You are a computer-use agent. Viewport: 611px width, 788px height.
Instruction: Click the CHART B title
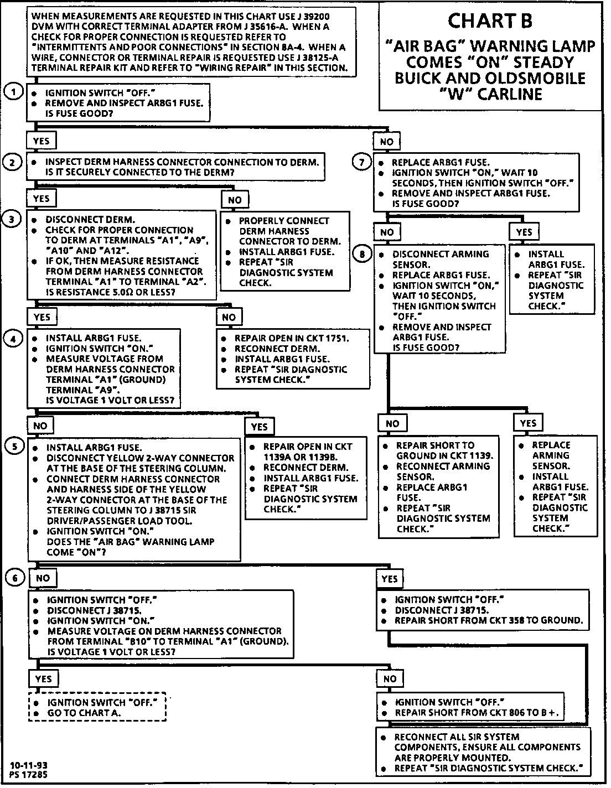coord(490,21)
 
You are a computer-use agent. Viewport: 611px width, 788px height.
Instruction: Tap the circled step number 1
coord(13,92)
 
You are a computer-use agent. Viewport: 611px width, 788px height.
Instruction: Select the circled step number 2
coord(13,162)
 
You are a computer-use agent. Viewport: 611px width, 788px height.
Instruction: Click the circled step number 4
coord(13,338)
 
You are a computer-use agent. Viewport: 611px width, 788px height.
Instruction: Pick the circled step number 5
coord(13,447)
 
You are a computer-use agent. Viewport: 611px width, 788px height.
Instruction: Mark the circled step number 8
coord(362,254)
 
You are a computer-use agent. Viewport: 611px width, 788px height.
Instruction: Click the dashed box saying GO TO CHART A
coord(97,708)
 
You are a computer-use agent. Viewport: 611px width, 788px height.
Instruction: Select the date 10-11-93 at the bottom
coord(28,766)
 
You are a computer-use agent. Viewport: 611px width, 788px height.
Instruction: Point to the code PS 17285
coord(29,775)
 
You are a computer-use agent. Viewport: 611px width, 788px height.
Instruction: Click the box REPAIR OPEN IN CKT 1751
coord(293,359)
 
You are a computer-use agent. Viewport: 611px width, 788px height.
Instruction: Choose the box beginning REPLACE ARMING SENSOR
coord(556,486)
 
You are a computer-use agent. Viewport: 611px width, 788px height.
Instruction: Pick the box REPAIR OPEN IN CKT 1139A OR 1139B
coord(306,478)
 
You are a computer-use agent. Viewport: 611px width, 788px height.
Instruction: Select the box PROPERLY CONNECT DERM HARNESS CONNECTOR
coord(286,251)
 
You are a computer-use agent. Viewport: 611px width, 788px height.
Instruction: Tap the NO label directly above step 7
coord(387,142)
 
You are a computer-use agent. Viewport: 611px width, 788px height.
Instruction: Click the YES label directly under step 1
coord(42,141)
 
